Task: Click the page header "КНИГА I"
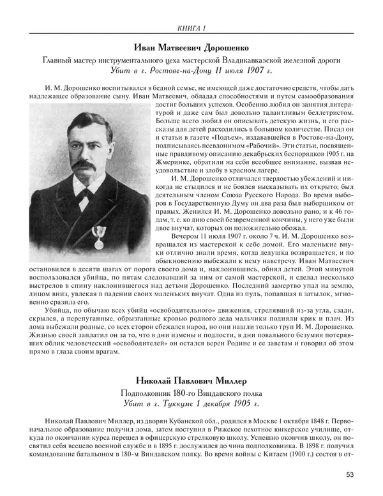pos(191,27)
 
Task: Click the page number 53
pos(350,474)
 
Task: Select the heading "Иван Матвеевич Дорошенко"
pos(191,47)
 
